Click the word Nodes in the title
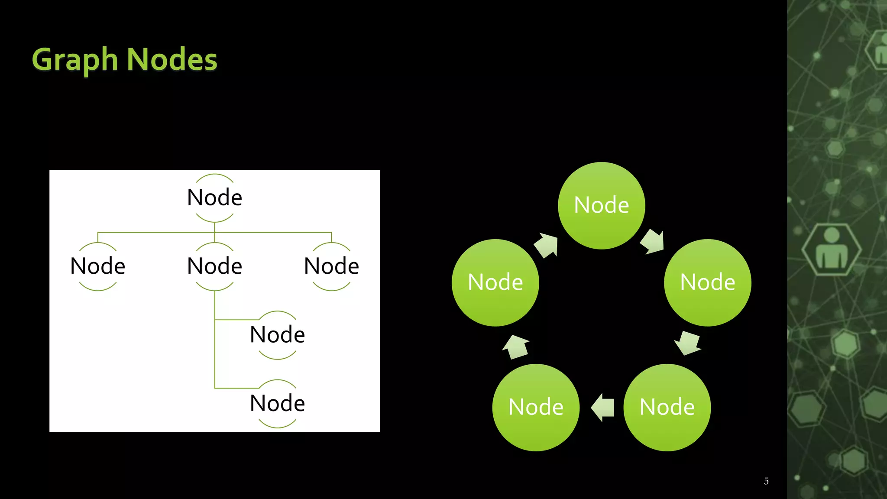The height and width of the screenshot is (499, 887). point(172,59)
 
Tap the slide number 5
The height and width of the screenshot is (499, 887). point(766,481)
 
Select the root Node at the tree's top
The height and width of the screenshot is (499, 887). point(214,198)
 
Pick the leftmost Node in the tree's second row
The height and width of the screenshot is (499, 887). point(98,266)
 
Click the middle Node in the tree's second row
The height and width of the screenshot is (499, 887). point(214,266)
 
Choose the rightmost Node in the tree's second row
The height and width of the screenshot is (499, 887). point(331,266)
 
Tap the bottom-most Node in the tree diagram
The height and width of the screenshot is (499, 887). point(277,403)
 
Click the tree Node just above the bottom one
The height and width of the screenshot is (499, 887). point(277,335)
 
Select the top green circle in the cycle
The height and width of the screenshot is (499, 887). point(602,205)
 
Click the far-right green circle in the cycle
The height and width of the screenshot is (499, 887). point(708,282)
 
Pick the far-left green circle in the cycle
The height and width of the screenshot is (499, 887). point(495,282)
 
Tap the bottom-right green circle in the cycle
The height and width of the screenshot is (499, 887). point(667,407)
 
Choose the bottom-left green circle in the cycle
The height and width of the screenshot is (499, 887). point(536,407)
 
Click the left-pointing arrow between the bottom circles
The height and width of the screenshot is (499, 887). point(602,408)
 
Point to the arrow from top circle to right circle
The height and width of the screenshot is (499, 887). point(653,242)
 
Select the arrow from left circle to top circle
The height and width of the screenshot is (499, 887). point(547,245)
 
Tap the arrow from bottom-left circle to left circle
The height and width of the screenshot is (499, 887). point(516,347)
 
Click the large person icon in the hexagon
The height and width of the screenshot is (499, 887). point(832,249)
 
